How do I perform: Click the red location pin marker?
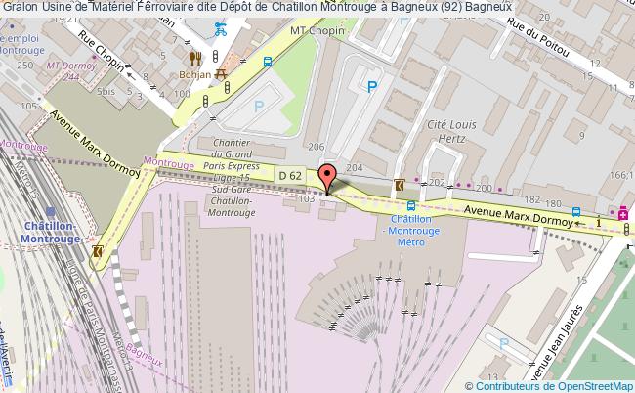(x=327, y=178)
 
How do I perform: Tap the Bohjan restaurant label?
(x=195, y=73)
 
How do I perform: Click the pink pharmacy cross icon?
(x=624, y=212)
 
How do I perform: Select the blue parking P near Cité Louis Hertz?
(x=371, y=87)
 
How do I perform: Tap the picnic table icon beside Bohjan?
(x=221, y=72)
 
